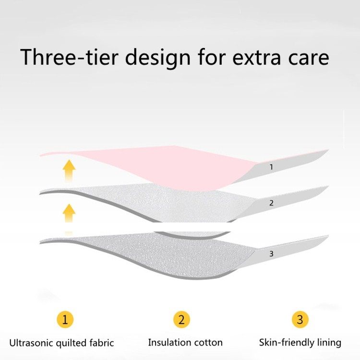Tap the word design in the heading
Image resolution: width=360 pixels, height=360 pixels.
coord(157,58)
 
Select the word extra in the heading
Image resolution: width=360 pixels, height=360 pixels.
coord(256,58)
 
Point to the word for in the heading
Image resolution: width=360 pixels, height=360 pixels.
coord(212,57)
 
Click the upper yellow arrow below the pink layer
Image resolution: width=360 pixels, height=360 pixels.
coord(69,171)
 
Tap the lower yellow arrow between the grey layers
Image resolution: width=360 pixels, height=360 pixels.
coord(69,213)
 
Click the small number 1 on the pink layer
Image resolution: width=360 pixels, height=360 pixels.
coord(271,167)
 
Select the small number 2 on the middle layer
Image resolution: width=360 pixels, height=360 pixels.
coord(271,203)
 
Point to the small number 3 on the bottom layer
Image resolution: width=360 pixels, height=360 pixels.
coord(271,254)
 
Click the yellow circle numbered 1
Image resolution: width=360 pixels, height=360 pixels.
coord(65,319)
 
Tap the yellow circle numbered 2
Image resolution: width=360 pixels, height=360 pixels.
coord(181,319)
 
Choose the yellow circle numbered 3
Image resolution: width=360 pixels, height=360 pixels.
coord(300,319)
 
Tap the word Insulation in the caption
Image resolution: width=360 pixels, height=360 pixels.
coord(167,343)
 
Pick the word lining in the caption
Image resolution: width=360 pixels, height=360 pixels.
coord(329,343)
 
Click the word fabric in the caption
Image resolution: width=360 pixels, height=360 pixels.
coord(102,343)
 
